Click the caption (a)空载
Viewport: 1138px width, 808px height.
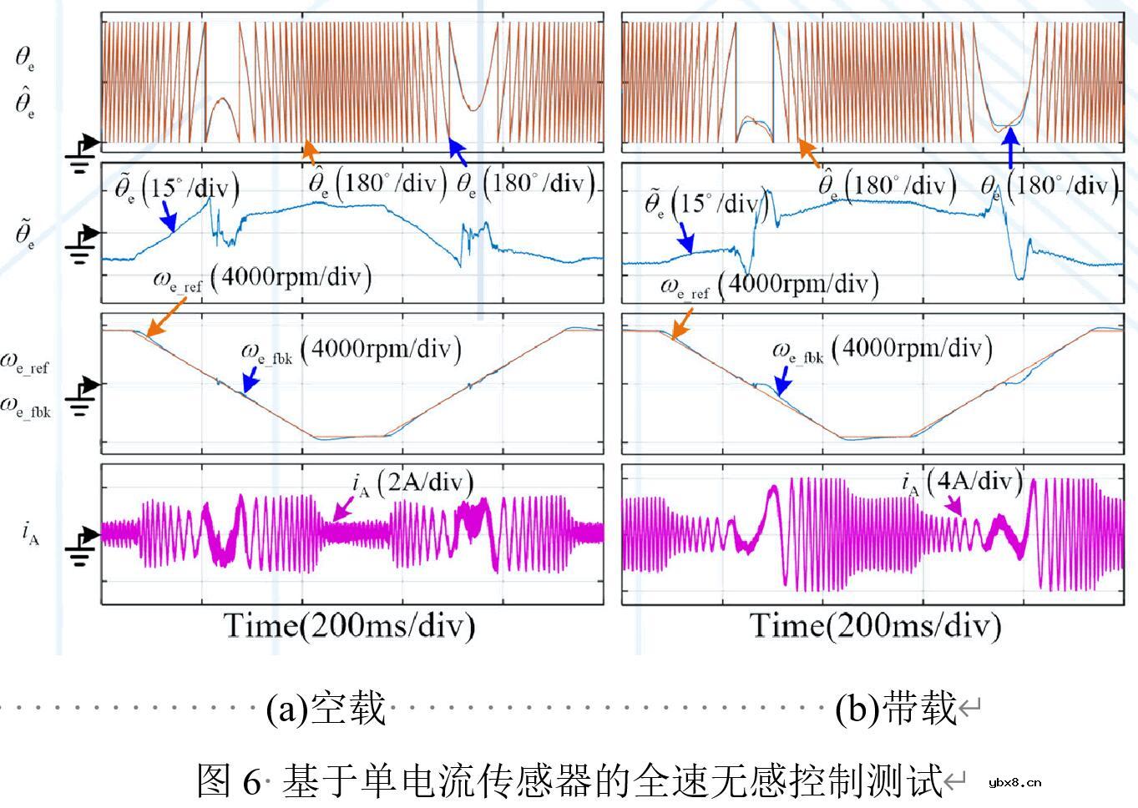click(x=326, y=709)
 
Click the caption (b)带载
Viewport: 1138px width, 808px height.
click(x=895, y=709)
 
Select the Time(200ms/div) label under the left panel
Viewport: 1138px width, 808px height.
click(x=349, y=625)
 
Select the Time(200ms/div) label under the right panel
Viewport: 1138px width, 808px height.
click(x=875, y=625)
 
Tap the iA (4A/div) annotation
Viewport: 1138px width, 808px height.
click(x=962, y=482)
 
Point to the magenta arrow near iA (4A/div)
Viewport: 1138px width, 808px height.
click(x=954, y=505)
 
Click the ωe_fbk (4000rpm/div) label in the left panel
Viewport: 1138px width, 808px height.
click(x=351, y=350)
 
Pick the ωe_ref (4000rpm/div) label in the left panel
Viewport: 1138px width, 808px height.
click(x=261, y=277)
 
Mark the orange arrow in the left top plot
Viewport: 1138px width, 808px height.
click(x=310, y=153)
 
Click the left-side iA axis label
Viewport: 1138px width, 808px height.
click(x=30, y=532)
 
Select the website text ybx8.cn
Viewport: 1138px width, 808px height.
click(x=1014, y=782)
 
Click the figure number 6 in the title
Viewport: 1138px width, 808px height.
click(x=252, y=780)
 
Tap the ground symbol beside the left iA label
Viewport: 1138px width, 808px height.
click(x=80, y=546)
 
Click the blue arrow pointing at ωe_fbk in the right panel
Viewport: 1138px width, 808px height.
click(x=781, y=383)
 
